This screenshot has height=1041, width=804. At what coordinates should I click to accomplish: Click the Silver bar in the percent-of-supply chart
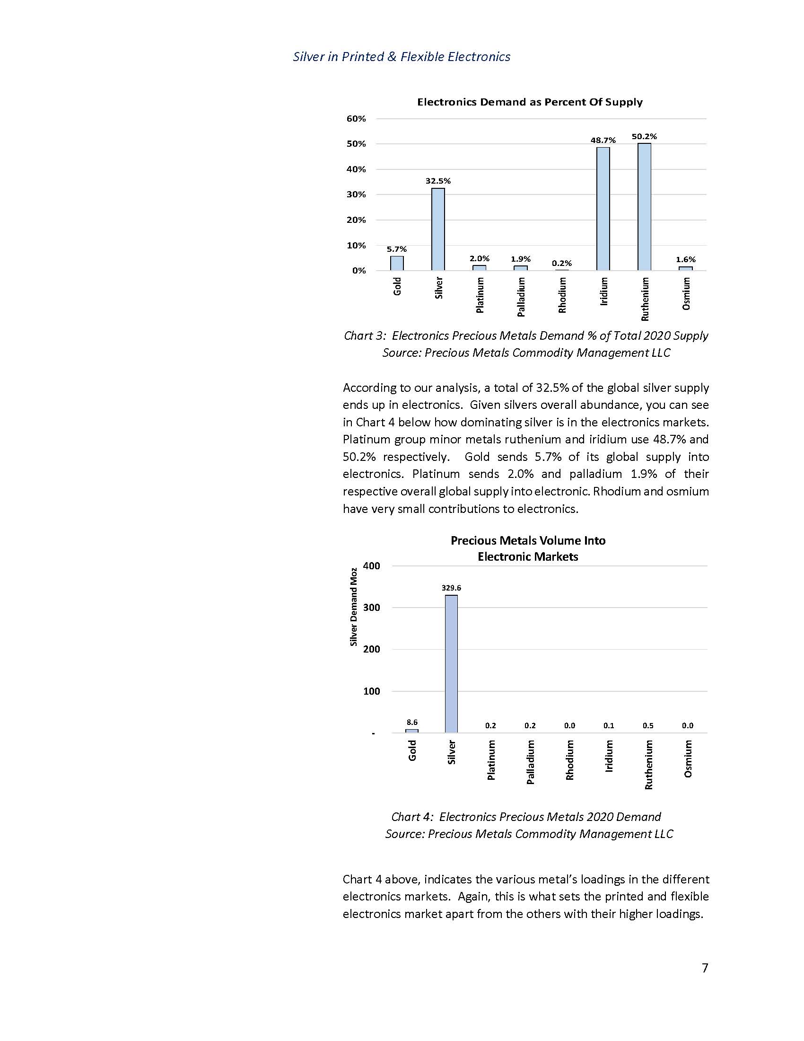[438, 229]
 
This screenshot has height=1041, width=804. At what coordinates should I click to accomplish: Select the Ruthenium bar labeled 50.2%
[644, 207]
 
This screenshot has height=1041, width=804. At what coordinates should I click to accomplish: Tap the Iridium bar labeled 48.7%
[603, 209]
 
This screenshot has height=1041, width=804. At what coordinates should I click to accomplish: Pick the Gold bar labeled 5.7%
[397, 263]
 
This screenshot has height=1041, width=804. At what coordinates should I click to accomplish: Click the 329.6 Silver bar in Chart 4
[451, 664]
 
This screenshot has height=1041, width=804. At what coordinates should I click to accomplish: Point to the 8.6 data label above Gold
[412, 723]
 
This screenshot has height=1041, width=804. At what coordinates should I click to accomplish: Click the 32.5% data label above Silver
[438, 181]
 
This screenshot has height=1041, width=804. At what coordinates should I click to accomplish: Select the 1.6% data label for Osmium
[685, 259]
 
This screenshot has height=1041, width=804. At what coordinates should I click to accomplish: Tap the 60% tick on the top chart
[356, 119]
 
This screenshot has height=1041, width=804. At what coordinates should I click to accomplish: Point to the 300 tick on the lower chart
[372, 608]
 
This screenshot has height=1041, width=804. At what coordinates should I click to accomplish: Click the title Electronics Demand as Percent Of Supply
[530, 102]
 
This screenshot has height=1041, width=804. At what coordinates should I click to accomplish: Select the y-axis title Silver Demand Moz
[353, 606]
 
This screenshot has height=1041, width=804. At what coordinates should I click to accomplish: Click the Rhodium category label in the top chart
[562, 296]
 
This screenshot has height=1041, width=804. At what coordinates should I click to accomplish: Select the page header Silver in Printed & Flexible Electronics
[402, 57]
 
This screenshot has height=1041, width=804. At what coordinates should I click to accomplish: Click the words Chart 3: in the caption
[364, 336]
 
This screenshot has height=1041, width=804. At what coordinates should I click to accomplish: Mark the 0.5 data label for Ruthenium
[648, 726]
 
